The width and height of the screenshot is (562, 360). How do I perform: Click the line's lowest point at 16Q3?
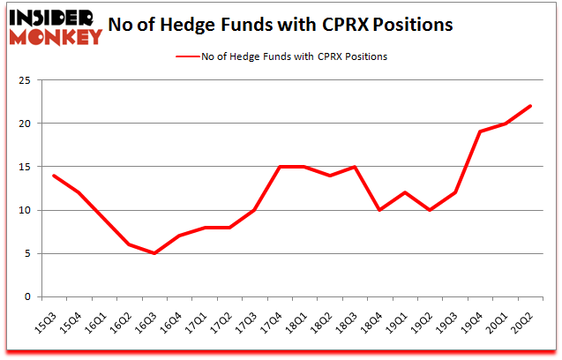154,253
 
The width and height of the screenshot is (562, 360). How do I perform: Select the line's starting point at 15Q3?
54,176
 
